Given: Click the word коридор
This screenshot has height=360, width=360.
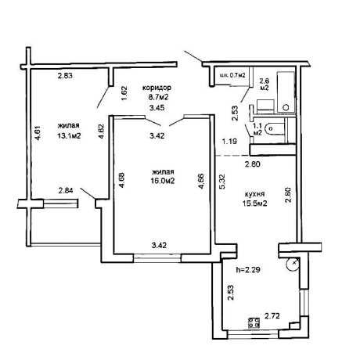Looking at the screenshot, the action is (x=157, y=88).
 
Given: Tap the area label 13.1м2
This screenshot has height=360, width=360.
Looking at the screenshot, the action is (x=69, y=135).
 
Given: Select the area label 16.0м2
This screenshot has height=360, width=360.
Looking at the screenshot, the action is (x=163, y=181).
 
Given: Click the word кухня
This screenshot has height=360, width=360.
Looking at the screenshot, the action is (x=255, y=194).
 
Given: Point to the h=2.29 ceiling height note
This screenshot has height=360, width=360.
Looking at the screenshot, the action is (x=248, y=270).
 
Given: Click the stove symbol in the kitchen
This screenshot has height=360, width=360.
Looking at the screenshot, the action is (x=254, y=322).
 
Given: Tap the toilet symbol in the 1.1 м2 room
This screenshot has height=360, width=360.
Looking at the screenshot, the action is (x=275, y=128).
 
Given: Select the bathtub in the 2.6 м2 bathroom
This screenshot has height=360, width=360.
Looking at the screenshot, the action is (x=286, y=92).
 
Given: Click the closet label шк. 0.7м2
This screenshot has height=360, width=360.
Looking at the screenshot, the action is (x=233, y=76).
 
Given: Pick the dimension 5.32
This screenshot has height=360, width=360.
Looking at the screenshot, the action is (x=224, y=182).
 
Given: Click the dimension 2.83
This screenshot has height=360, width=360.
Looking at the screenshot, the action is (x=65, y=76).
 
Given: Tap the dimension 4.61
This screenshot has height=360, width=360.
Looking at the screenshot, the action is (x=38, y=133).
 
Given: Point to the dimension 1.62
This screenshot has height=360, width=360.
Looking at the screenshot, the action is (x=124, y=93).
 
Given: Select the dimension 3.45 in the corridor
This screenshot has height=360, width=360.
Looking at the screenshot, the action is (x=157, y=107).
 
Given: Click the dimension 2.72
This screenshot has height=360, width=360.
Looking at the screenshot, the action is (x=272, y=316).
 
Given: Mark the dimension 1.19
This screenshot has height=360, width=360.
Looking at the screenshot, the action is (x=229, y=142).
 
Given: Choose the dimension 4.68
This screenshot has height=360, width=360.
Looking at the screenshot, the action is (x=122, y=180).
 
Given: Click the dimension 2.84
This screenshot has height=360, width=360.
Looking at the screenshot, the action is (x=66, y=191).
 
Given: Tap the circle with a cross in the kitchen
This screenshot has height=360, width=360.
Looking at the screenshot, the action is (x=293, y=264).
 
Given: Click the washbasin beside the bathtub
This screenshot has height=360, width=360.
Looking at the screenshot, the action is (x=265, y=106).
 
